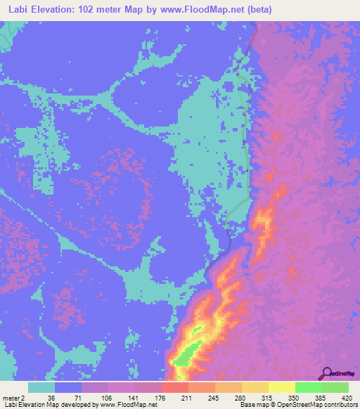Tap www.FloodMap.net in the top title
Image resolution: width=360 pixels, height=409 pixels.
[200, 10]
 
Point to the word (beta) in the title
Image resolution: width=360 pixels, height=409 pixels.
[257, 10]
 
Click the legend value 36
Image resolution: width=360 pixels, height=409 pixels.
[51, 398]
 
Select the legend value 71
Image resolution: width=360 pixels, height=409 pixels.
[77, 398]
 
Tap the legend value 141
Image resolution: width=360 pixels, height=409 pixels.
[131, 398]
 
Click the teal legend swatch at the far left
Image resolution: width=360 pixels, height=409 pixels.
[41, 387]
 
